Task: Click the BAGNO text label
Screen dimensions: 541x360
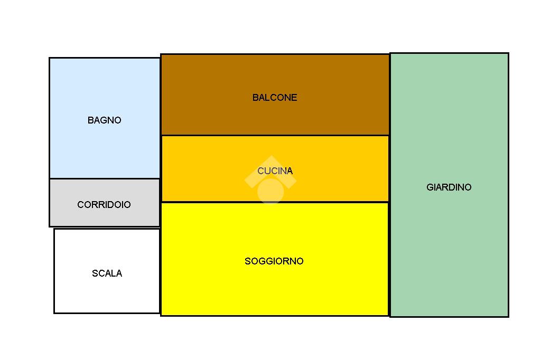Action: (104, 120)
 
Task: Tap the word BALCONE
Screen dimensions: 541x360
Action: (275, 98)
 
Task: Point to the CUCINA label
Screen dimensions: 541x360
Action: (275, 171)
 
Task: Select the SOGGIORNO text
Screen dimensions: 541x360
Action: (274, 261)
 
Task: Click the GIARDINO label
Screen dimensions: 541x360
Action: (449, 187)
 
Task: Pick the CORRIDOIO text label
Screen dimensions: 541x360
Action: (104, 205)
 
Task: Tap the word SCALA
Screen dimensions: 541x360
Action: (107, 273)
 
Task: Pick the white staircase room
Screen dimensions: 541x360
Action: (107, 296)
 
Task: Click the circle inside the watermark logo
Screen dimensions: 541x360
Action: (270, 191)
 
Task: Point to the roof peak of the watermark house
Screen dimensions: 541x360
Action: (270, 157)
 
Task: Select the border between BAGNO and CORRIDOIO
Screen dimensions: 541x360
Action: (105, 178)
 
